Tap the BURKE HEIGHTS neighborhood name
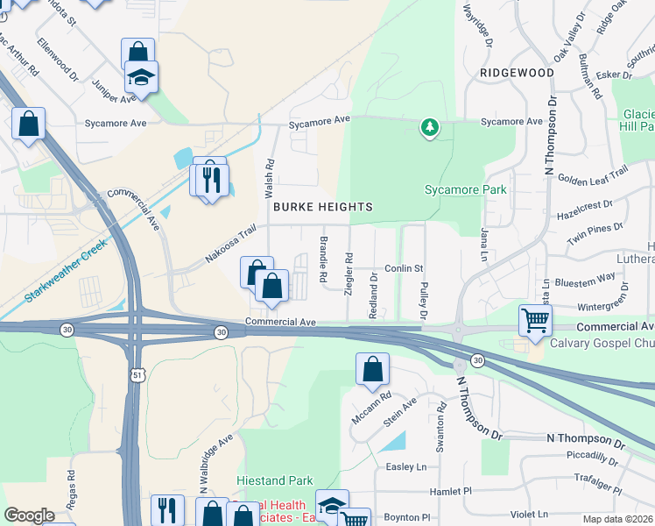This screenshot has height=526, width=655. (323, 207)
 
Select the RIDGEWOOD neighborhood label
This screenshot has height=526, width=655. (517, 73)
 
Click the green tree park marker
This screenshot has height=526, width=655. (429, 129)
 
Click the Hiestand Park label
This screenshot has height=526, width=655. (275, 481)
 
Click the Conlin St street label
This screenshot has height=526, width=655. (405, 268)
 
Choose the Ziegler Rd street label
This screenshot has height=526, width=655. (349, 275)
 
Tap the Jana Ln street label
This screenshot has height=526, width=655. (482, 243)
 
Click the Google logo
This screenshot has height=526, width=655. (29, 515)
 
